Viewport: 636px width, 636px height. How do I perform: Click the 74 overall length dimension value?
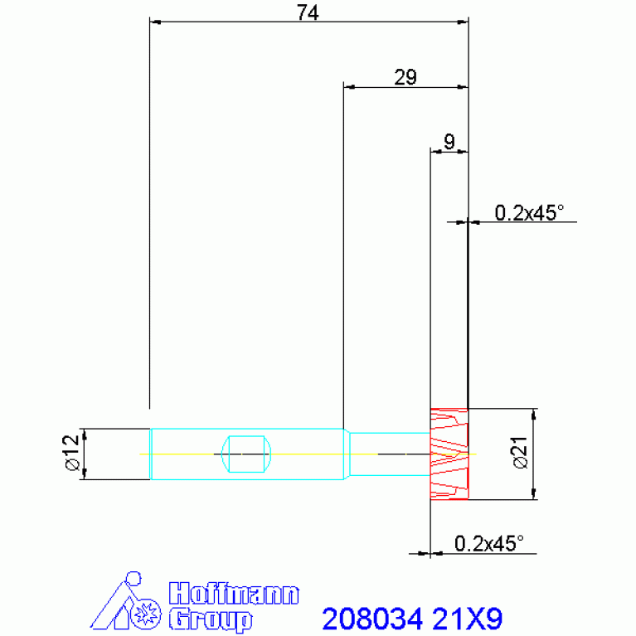(308, 12)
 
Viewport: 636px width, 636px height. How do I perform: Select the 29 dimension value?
(405, 77)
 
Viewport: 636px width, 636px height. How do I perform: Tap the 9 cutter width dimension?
(449, 142)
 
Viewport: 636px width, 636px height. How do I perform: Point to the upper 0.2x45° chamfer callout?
(529, 212)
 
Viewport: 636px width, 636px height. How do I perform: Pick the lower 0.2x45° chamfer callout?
(488, 543)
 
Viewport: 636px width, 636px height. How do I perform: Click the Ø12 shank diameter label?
(71, 453)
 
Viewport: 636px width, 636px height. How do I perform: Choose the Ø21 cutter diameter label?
(521, 453)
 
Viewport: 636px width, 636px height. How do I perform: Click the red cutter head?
(449, 454)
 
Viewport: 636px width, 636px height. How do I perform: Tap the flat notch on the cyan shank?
(246, 454)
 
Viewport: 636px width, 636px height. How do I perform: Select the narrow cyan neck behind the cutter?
(390, 454)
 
